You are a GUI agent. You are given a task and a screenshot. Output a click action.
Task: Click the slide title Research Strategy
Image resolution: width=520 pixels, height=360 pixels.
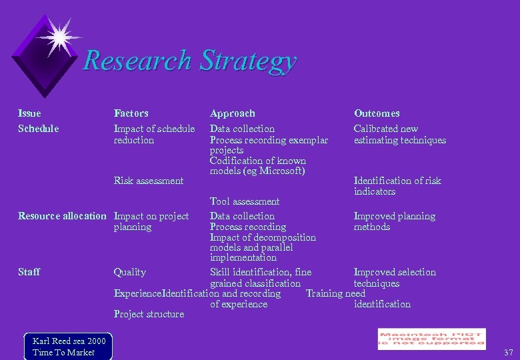click(189, 61)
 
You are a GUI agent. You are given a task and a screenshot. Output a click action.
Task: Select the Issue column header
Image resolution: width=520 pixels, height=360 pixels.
click(29, 113)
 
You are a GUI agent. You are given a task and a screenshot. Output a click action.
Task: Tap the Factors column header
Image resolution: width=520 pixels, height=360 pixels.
click(131, 113)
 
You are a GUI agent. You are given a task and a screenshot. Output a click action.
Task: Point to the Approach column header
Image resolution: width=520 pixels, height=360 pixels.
click(232, 113)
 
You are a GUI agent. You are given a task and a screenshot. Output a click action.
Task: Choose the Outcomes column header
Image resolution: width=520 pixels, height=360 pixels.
click(377, 113)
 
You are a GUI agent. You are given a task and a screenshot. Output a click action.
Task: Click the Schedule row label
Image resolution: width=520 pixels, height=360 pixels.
click(39, 129)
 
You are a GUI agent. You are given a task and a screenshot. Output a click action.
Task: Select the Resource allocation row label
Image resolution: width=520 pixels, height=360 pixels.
click(62, 216)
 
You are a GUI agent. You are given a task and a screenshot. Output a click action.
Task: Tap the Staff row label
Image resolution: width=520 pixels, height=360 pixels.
click(29, 272)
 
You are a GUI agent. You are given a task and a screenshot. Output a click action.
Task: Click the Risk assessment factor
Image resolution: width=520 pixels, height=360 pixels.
click(149, 181)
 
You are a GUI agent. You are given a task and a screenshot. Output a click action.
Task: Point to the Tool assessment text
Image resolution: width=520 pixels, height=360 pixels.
click(245, 201)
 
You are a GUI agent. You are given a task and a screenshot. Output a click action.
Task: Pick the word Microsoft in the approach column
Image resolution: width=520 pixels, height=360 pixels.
click(281, 171)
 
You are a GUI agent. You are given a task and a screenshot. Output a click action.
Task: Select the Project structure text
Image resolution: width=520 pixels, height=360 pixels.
click(149, 314)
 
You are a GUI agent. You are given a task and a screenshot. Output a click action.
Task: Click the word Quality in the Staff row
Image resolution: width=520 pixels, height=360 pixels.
click(130, 272)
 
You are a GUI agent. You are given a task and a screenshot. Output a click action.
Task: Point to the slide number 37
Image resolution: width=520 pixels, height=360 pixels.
click(509, 352)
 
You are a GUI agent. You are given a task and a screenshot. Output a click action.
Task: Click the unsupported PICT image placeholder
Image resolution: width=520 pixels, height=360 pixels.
click(431, 339)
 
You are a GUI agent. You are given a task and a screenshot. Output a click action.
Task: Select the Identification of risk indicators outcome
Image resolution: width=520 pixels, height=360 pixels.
click(397, 186)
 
